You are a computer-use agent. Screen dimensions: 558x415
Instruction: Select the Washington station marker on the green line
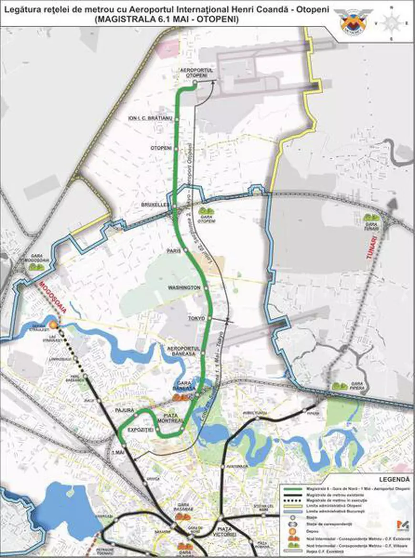click(x=208, y=288)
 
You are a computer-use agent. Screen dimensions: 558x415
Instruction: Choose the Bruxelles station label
click(x=156, y=205)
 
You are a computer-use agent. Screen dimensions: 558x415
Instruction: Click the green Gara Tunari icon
click(x=371, y=217)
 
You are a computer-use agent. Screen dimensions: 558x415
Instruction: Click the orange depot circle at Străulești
click(x=54, y=325)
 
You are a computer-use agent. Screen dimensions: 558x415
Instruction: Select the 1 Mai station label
click(x=116, y=452)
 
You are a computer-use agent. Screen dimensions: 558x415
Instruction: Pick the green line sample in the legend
click(x=292, y=488)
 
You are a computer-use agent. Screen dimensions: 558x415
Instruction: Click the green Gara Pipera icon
click(x=340, y=386)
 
